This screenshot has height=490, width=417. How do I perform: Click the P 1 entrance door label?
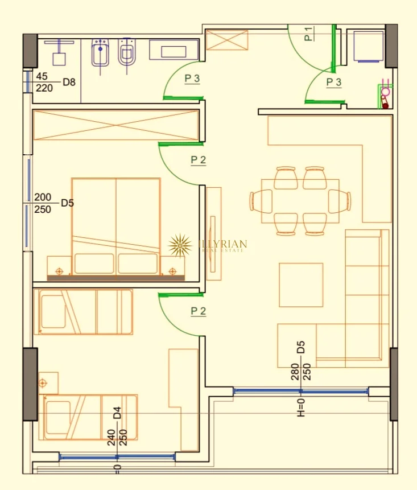point(308,34)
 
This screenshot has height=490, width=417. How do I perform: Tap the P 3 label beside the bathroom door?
point(192,79)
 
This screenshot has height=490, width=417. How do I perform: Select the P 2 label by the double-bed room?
point(198,160)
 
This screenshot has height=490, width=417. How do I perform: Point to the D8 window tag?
point(69,82)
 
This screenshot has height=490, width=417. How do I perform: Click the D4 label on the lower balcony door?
point(117,413)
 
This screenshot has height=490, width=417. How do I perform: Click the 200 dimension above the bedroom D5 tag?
point(43,197)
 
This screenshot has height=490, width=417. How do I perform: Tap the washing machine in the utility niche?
point(368,46)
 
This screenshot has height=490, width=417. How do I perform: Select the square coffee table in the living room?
point(301,285)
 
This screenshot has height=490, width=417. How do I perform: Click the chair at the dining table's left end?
point(259,201)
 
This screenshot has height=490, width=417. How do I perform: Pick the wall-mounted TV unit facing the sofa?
point(214,234)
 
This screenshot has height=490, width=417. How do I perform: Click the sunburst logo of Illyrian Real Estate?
point(180,246)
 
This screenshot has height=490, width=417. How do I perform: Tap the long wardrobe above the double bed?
point(116,125)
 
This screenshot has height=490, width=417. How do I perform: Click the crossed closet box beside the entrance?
point(227,40)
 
